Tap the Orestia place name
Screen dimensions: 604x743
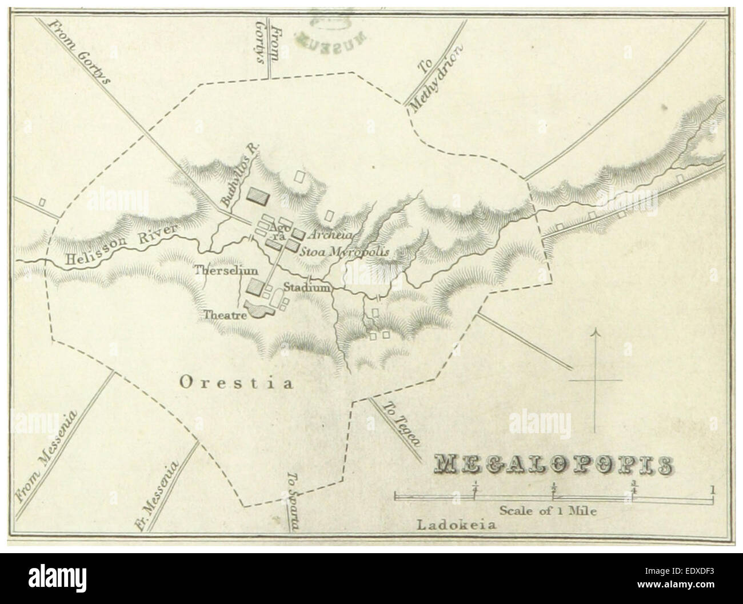(x=236, y=383)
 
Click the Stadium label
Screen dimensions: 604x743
(x=307, y=288)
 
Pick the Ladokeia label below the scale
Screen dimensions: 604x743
(x=457, y=525)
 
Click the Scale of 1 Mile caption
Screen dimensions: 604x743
(x=548, y=510)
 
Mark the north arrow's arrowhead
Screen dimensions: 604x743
(x=596, y=333)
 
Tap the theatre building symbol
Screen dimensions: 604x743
(x=261, y=310)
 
